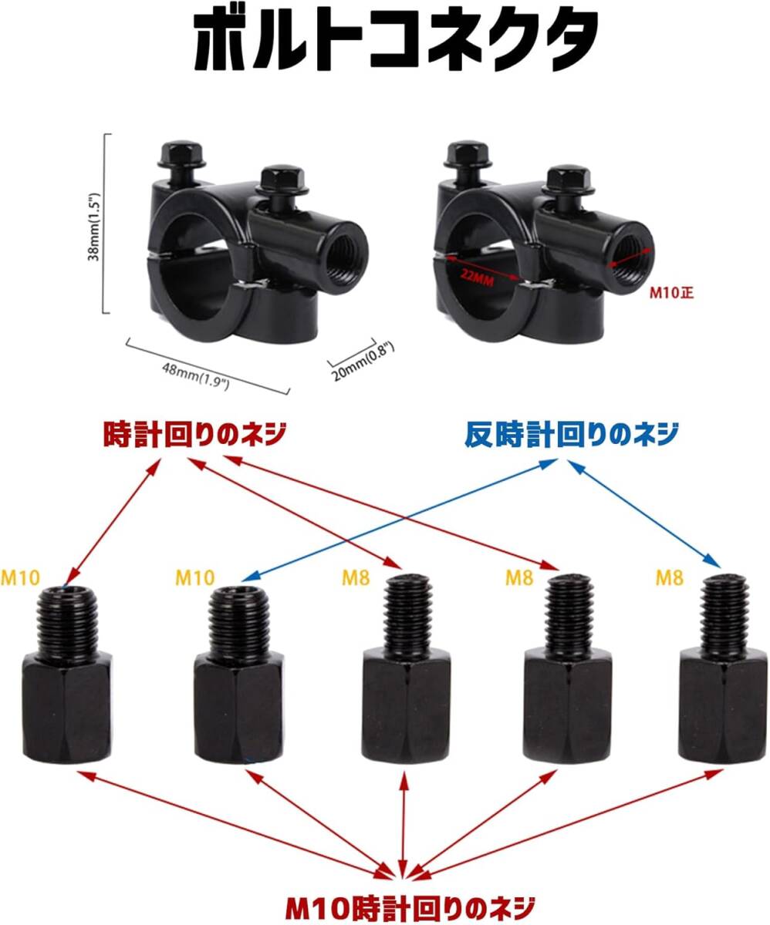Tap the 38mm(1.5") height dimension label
[94, 227]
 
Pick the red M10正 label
[671, 292]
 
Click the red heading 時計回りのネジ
[194, 434]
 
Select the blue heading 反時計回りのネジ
[572, 434]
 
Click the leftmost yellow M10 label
[20, 577]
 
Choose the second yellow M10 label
[195, 577]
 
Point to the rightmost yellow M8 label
[670, 577]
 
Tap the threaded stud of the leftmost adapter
[67, 621]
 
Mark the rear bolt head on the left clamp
[181, 153]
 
